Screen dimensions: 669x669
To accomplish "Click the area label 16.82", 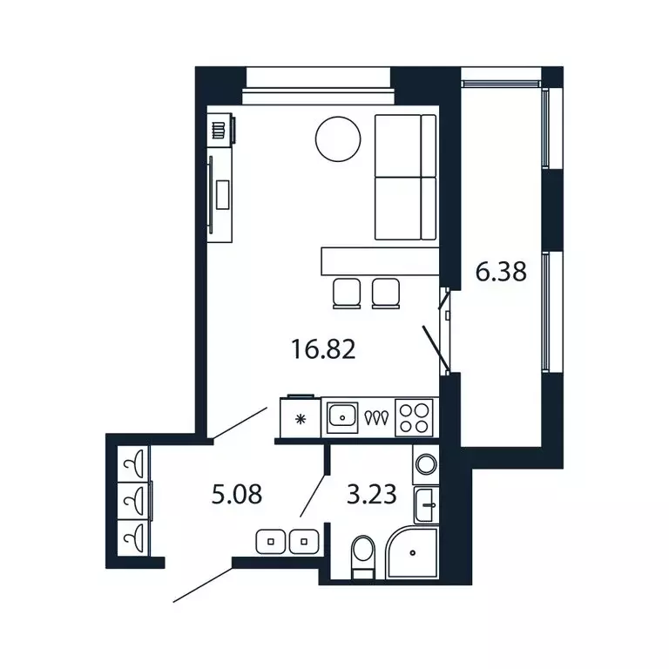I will pyautogui.click(x=323, y=350).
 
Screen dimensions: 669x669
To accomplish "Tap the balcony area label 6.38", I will pyautogui.click(x=501, y=273).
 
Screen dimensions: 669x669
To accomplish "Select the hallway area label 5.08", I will pyautogui.click(x=237, y=496).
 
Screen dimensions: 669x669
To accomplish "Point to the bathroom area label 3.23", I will pyautogui.click(x=372, y=496).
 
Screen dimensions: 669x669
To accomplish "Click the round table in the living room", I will pyautogui.click(x=338, y=139).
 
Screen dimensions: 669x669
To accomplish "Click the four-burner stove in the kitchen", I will pyautogui.click(x=413, y=417).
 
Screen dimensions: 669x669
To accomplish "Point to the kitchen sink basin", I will pyautogui.click(x=345, y=417).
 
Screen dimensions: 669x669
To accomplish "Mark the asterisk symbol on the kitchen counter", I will pyautogui.click(x=301, y=419).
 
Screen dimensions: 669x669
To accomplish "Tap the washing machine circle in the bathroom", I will pyautogui.click(x=426, y=463).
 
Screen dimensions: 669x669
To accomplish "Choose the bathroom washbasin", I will pyautogui.click(x=427, y=503).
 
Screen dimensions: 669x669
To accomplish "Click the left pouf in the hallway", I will pyautogui.click(x=271, y=541).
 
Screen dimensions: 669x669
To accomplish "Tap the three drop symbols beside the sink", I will pyautogui.click(x=377, y=418).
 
